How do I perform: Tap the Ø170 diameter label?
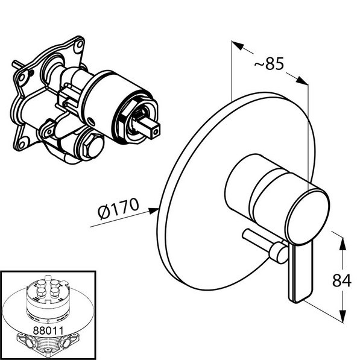click(x=118, y=208)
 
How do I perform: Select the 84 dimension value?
click(x=342, y=280)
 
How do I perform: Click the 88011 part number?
click(x=48, y=330)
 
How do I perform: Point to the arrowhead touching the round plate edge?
click(x=154, y=210)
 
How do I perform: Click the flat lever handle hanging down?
click(x=301, y=273)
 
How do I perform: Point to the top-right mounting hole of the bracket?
click(x=80, y=45)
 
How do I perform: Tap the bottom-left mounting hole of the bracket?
click(x=22, y=145)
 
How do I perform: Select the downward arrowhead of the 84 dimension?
click(x=343, y=316)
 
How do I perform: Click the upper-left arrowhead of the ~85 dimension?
click(x=237, y=45)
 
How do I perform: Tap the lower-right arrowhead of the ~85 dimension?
click(x=302, y=80)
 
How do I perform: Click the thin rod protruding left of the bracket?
click(x=18, y=65)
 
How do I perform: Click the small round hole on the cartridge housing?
click(x=91, y=121)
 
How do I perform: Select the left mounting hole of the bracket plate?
click(x=22, y=78)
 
